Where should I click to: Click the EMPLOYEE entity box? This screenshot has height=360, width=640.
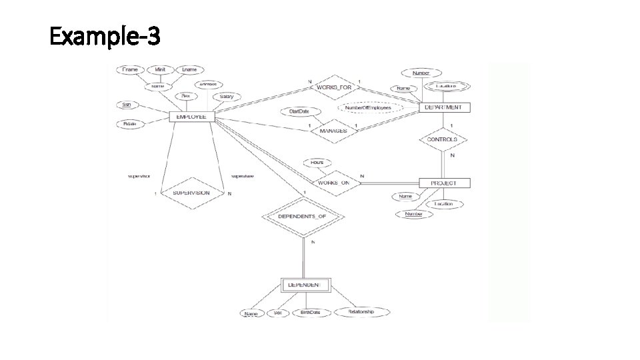191,117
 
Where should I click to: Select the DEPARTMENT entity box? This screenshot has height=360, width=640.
443,107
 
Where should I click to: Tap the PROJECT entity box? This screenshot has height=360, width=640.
444,183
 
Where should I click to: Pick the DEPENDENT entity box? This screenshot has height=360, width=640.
305,285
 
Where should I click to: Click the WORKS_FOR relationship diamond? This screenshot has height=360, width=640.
333,87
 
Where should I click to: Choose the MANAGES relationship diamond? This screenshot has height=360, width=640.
333,131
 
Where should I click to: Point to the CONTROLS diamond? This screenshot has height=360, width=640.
442,139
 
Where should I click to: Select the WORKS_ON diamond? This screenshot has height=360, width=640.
333,182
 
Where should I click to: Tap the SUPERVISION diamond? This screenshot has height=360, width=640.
191,193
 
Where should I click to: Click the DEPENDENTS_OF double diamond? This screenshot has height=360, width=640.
303,217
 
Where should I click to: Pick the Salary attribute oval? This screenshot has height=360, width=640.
227,97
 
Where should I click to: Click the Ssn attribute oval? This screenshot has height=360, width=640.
126,105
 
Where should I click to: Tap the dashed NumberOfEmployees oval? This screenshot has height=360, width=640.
372,107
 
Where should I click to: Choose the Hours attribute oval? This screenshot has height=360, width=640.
317,162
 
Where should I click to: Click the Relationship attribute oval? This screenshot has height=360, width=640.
361,311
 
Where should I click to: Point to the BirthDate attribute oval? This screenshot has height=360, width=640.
310,312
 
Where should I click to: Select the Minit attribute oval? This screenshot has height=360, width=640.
161,69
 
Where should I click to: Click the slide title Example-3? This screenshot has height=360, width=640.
105,36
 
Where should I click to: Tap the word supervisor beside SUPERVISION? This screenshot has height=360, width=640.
139,177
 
